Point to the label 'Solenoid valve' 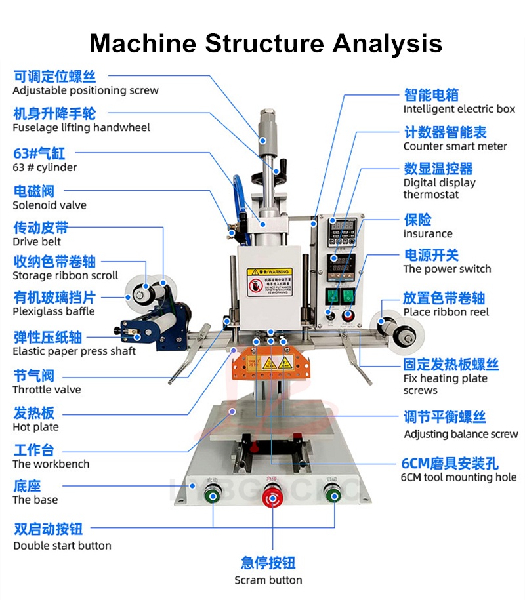pos(49,205)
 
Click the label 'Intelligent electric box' pos(459,110)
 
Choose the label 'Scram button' pos(268,580)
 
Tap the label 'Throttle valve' pos(47,390)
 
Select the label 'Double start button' pos(62,546)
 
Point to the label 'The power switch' pos(447,269)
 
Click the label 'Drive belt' pos(37,242)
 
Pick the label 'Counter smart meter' pos(455,146)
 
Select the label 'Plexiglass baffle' pos(54,311)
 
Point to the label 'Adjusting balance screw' pos(461,434)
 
